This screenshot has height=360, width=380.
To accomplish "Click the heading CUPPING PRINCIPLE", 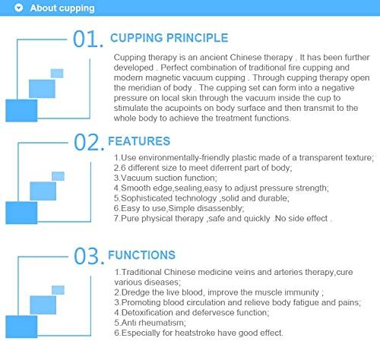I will pyautogui.click(x=168, y=38).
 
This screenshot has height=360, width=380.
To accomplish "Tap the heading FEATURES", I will pyautogui.click(x=140, y=141).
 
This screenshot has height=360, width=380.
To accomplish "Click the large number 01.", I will pyautogui.click(x=88, y=39).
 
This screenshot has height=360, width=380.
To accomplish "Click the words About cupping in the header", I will pyautogui.click(x=63, y=9).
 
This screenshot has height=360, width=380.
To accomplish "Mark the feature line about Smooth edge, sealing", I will pyautogui.click(x=220, y=188).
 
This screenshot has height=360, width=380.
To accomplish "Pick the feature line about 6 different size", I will pyautogui.click(x=197, y=167).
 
